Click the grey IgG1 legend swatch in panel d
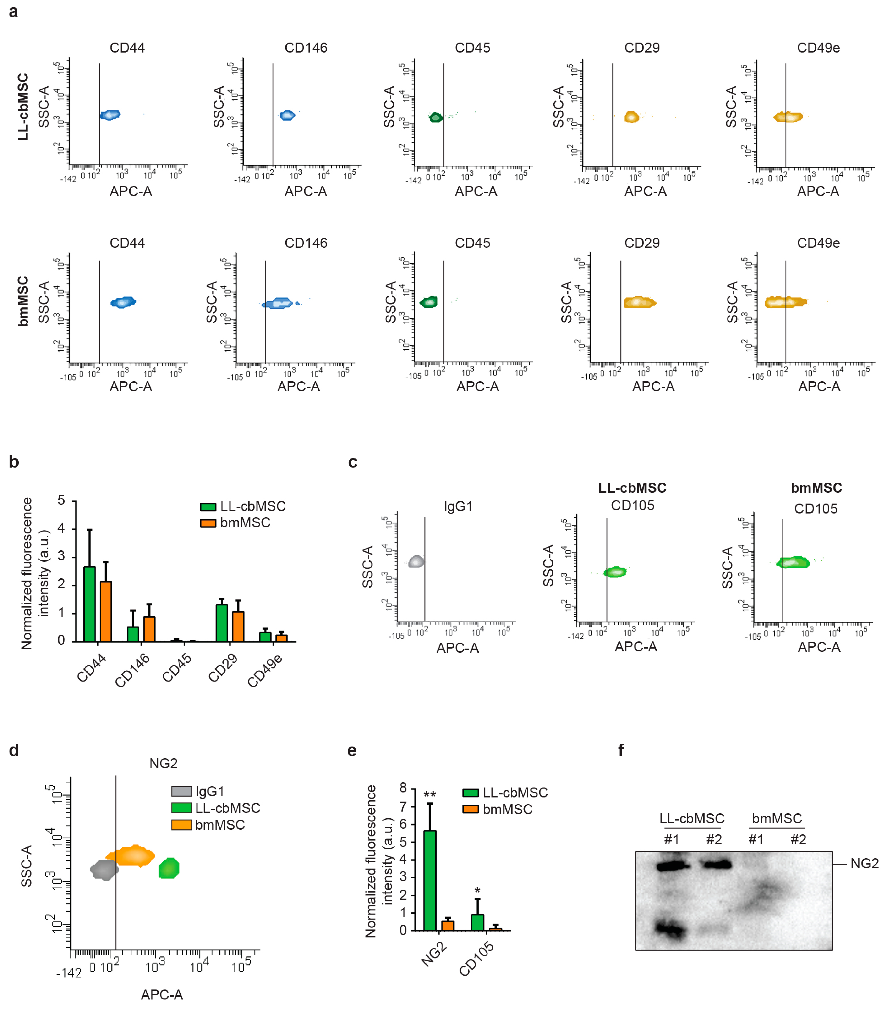coord(181,791)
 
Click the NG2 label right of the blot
coord(864,863)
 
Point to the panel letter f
coord(621,750)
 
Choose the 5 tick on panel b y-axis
coord(61,500)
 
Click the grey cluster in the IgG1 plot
coord(416,561)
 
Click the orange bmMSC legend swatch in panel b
coord(208,523)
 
